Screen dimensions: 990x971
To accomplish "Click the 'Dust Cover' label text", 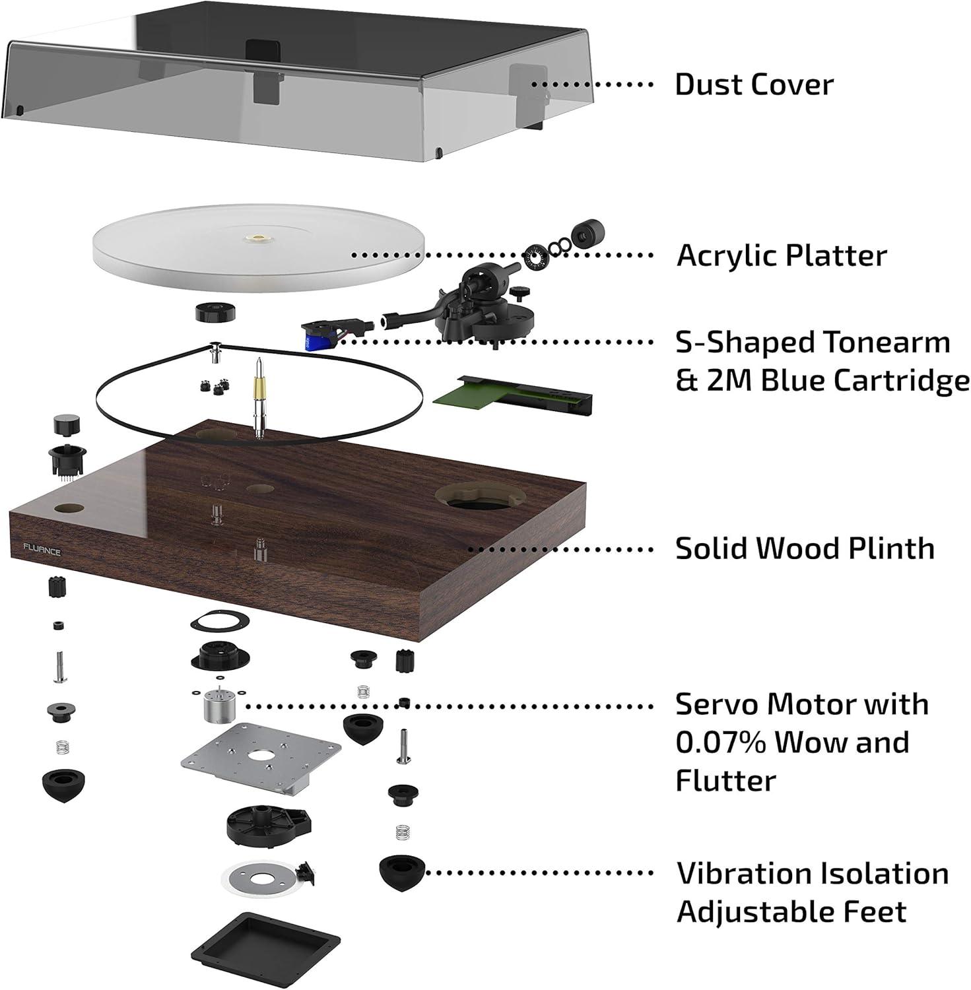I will point(753,85).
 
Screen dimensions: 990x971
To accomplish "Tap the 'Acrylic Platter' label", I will point(781,256).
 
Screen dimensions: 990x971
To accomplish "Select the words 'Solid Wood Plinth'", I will point(804,548).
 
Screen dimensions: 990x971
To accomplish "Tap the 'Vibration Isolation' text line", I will point(812,874).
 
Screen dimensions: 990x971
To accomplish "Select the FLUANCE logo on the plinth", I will point(42,549).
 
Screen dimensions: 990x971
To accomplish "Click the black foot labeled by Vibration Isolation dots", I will point(401,873).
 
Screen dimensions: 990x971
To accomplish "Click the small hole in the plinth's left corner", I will point(68,509).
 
